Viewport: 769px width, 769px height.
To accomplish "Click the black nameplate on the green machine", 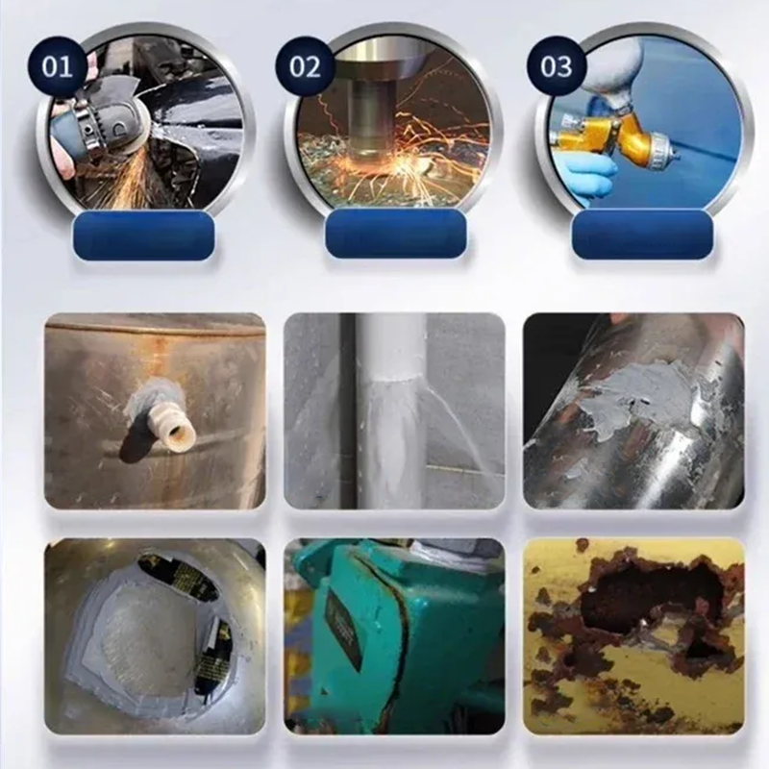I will tap(342, 629).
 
